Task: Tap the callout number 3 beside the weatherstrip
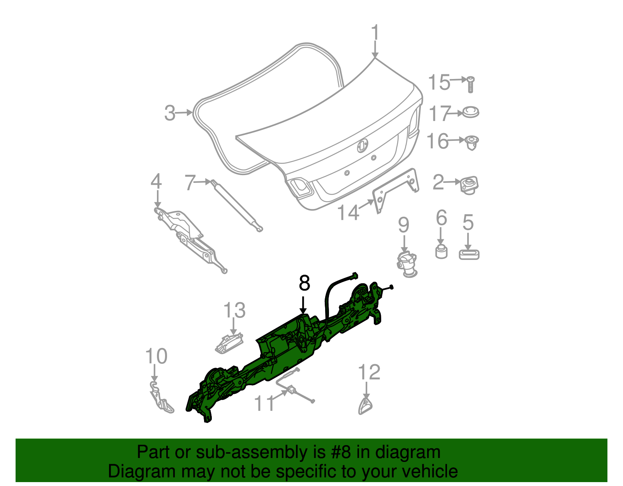pos(170,113)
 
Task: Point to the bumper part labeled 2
pos(469,185)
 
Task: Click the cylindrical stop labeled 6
pos(441,251)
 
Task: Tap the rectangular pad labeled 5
pos(469,254)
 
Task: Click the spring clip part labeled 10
pos(161,398)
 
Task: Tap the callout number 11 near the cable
pos(264,404)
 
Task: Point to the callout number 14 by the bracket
pos(348,213)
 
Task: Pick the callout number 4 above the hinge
pos(156,182)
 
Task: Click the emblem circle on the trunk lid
pos(362,145)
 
